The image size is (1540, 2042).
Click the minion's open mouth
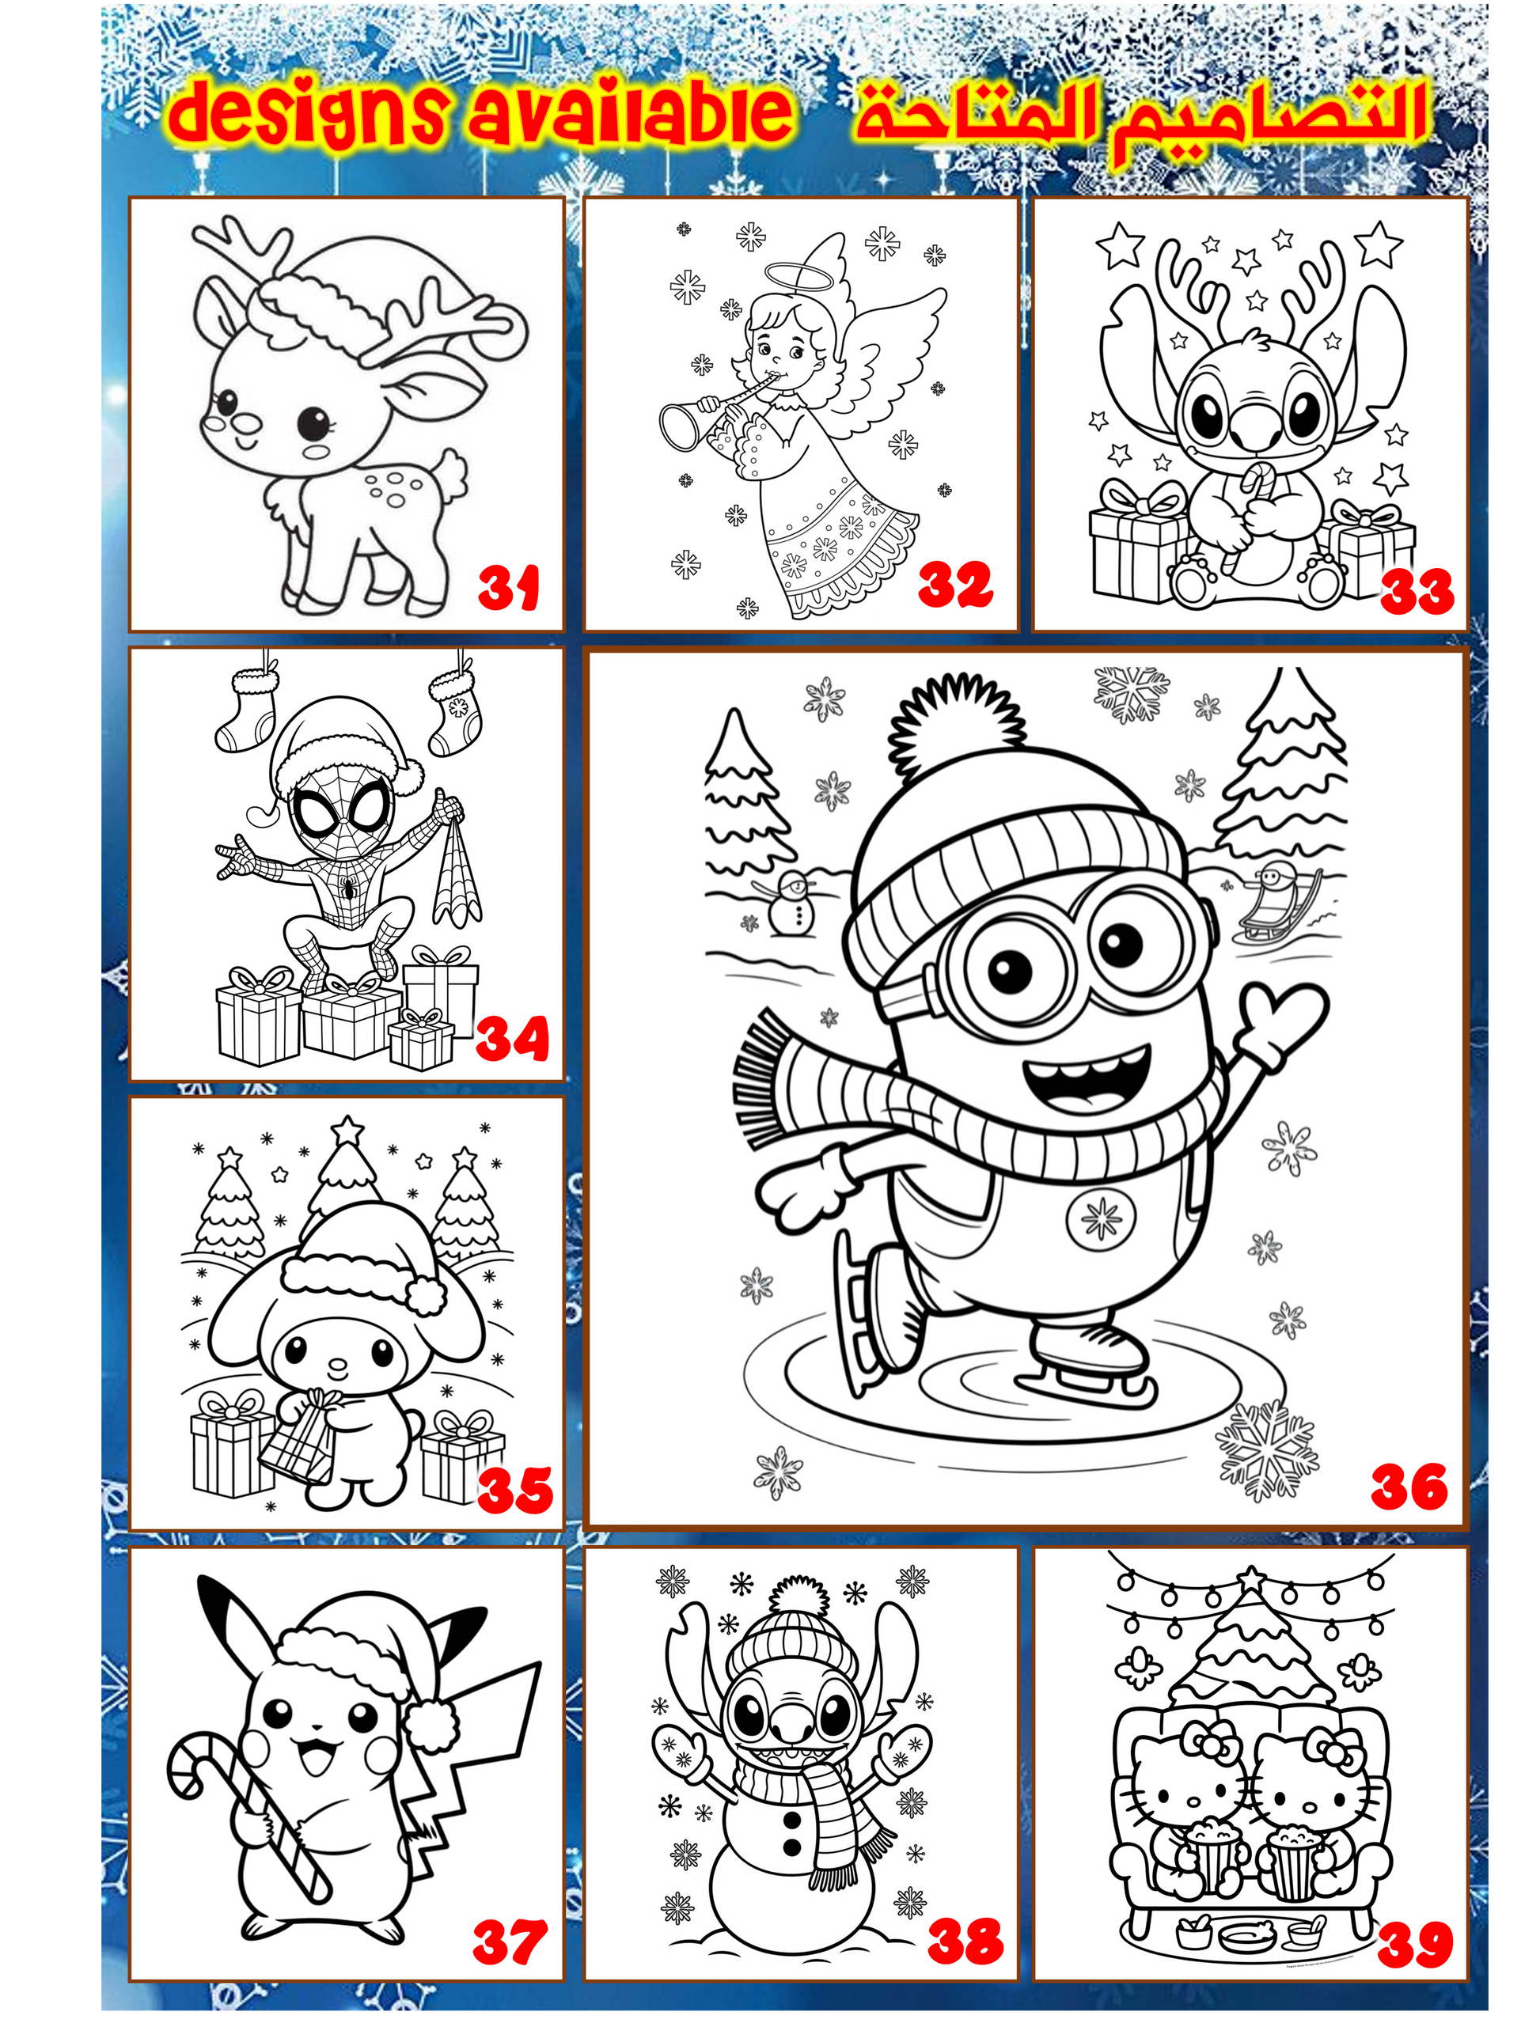[1087, 1078]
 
